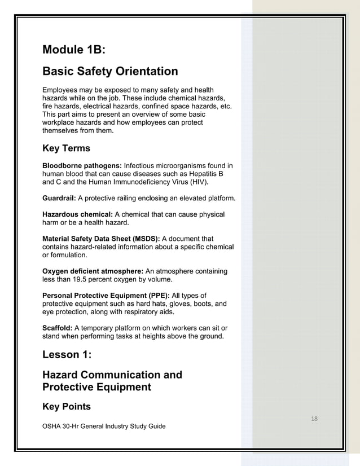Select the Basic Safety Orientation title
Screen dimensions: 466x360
click(x=110, y=72)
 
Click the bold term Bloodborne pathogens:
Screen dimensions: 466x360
click(x=82, y=166)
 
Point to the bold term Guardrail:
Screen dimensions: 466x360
click(x=59, y=199)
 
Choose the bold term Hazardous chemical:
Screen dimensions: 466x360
click(x=78, y=215)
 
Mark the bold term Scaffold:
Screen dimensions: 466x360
click(x=58, y=328)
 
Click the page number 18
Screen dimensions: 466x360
click(x=314, y=418)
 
